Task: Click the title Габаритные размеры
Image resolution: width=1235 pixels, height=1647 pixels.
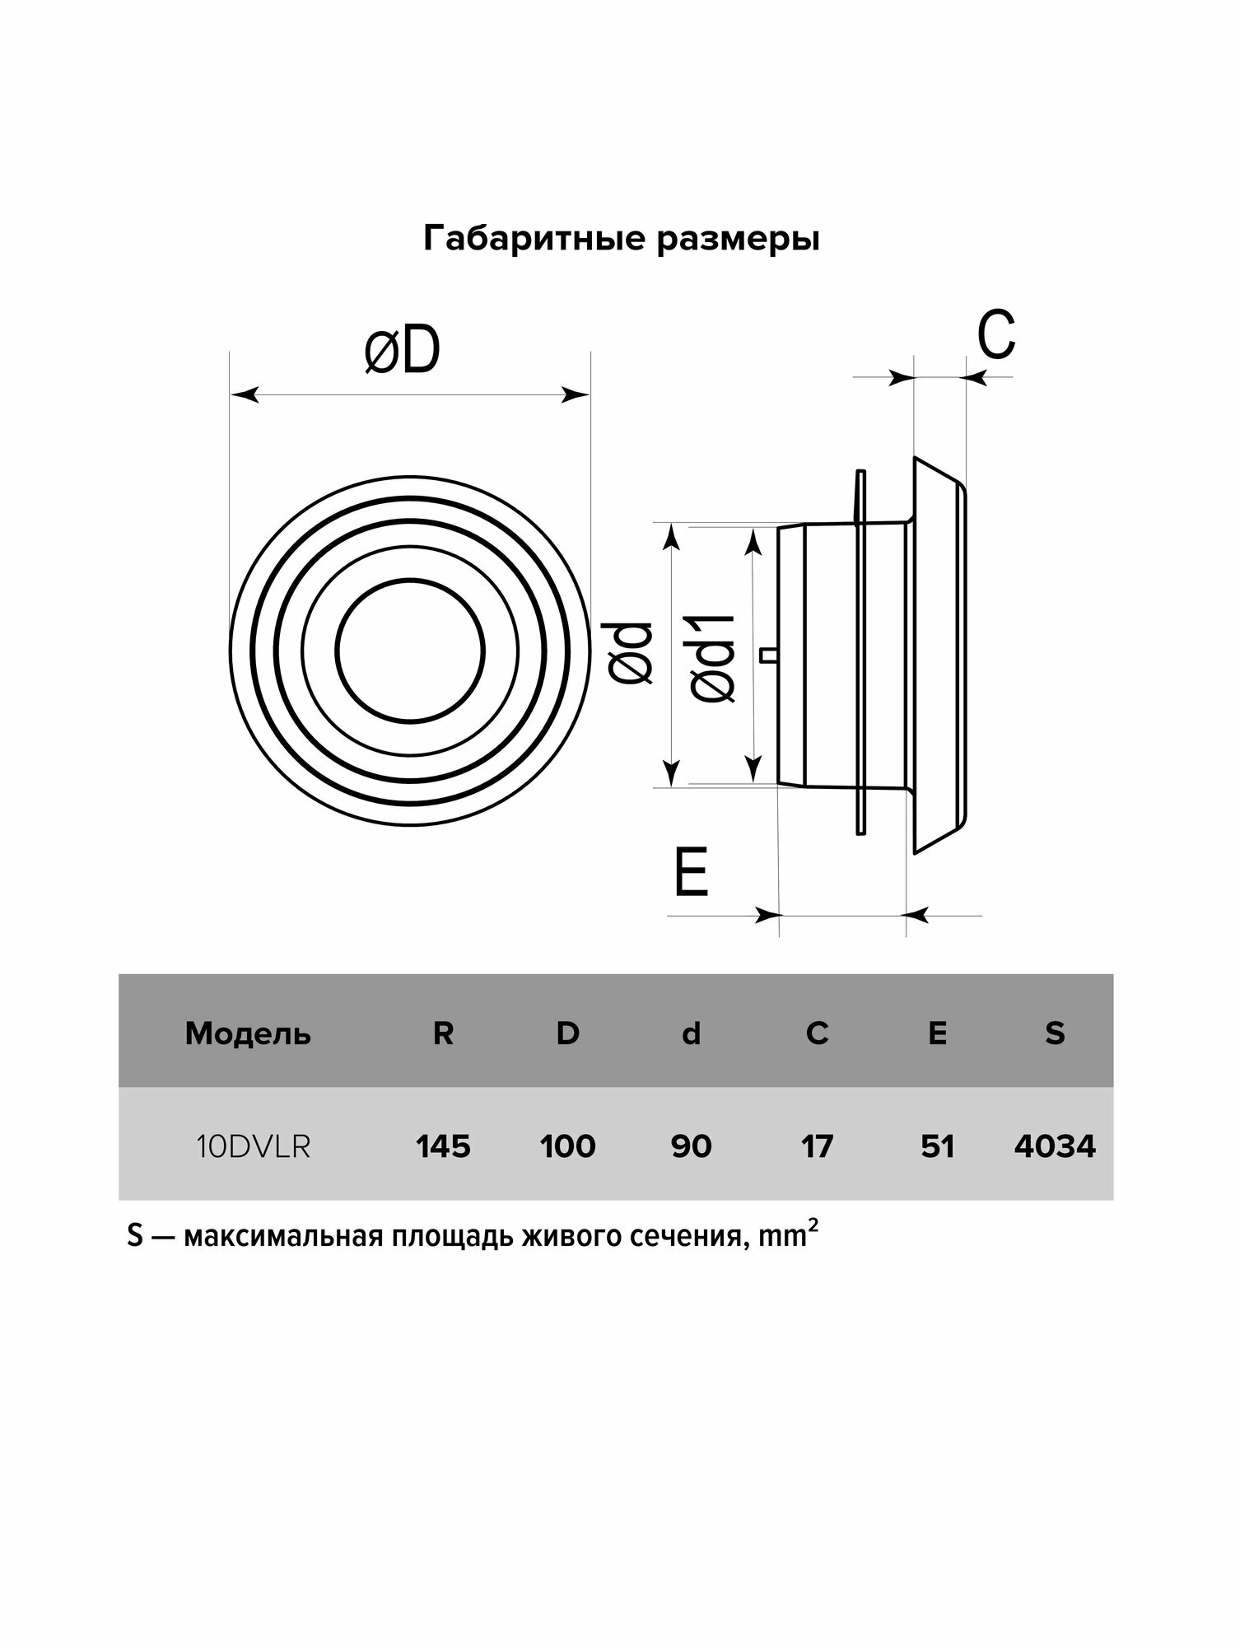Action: [621, 240]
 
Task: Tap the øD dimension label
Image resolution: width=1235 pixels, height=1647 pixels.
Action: [403, 352]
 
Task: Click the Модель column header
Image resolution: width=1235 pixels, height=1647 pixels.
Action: [248, 1033]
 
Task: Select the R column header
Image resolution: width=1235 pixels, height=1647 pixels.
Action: [443, 1033]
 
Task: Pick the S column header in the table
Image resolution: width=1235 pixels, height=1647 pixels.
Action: [1055, 1033]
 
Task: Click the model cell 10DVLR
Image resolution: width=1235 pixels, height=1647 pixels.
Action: [254, 1146]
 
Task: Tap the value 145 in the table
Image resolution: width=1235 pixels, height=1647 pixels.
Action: [443, 1146]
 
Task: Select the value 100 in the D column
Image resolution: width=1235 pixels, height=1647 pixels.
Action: [568, 1146]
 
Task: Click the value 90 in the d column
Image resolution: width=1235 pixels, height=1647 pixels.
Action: [691, 1146]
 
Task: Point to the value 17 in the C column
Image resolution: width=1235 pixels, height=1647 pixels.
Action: [817, 1146]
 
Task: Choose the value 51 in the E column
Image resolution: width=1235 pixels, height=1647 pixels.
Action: [937, 1146]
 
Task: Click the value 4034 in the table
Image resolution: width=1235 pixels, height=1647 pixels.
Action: [1055, 1146]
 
